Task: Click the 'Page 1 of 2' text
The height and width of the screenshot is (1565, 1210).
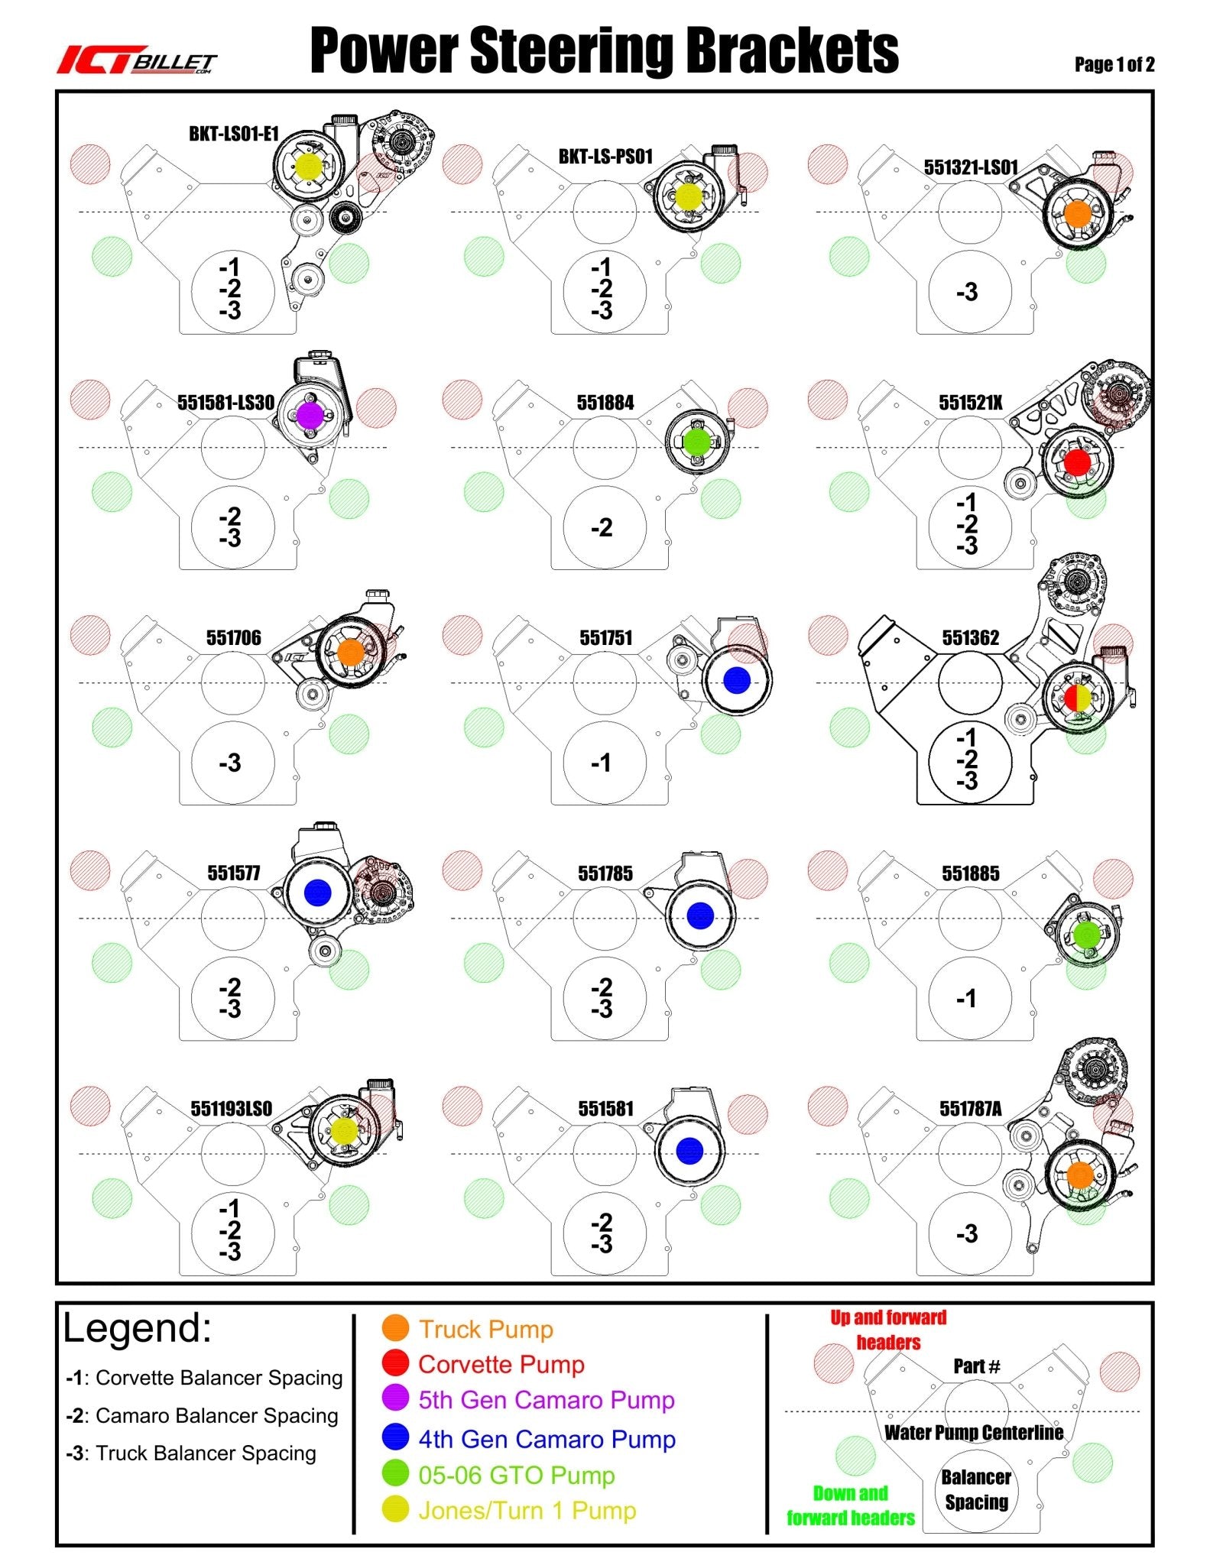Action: coord(1114,65)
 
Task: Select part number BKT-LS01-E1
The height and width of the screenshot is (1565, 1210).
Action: coord(234,134)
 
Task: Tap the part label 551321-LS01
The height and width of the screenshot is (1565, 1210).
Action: coord(971,167)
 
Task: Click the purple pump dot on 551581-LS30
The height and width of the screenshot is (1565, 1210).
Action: coord(310,415)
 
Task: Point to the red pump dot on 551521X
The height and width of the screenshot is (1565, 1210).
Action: coord(1077,462)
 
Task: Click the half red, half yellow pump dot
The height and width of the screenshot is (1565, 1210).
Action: coord(1079,697)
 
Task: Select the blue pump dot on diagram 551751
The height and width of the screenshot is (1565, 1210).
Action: coord(736,680)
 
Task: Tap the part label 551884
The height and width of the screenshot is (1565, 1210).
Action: coord(605,403)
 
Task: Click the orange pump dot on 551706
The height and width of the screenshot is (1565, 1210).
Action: coord(350,651)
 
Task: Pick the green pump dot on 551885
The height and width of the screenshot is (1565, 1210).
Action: coord(1086,934)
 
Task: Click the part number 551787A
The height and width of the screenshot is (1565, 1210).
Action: coord(971,1109)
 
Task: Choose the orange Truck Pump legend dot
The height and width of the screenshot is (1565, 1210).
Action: coord(395,1328)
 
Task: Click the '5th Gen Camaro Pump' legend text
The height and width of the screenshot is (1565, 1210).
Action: coord(547,1400)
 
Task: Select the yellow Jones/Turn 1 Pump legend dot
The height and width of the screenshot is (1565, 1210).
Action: coord(395,1509)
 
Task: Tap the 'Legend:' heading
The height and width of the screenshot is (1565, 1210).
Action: coord(137,1328)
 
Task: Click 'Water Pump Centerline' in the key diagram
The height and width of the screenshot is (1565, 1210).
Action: coord(974,1432)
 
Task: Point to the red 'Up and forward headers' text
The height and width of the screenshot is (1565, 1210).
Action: coord(888,1330)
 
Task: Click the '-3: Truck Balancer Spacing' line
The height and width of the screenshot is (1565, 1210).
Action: coord(191,1453)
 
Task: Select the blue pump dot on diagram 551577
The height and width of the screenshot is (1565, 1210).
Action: coord(317,893)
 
